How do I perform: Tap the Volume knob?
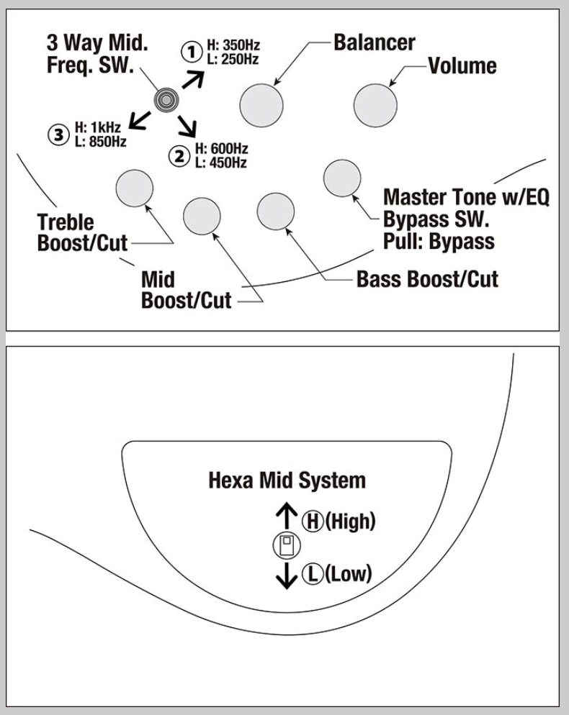(375, 104)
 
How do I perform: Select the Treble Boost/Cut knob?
(135, 188)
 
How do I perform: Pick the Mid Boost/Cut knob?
(202, 215)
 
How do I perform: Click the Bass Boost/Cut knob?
(276, 211)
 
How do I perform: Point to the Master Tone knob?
(341, 178)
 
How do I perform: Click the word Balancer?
(374, 42)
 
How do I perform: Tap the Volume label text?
(462, 66)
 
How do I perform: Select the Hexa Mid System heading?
(287, 480)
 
